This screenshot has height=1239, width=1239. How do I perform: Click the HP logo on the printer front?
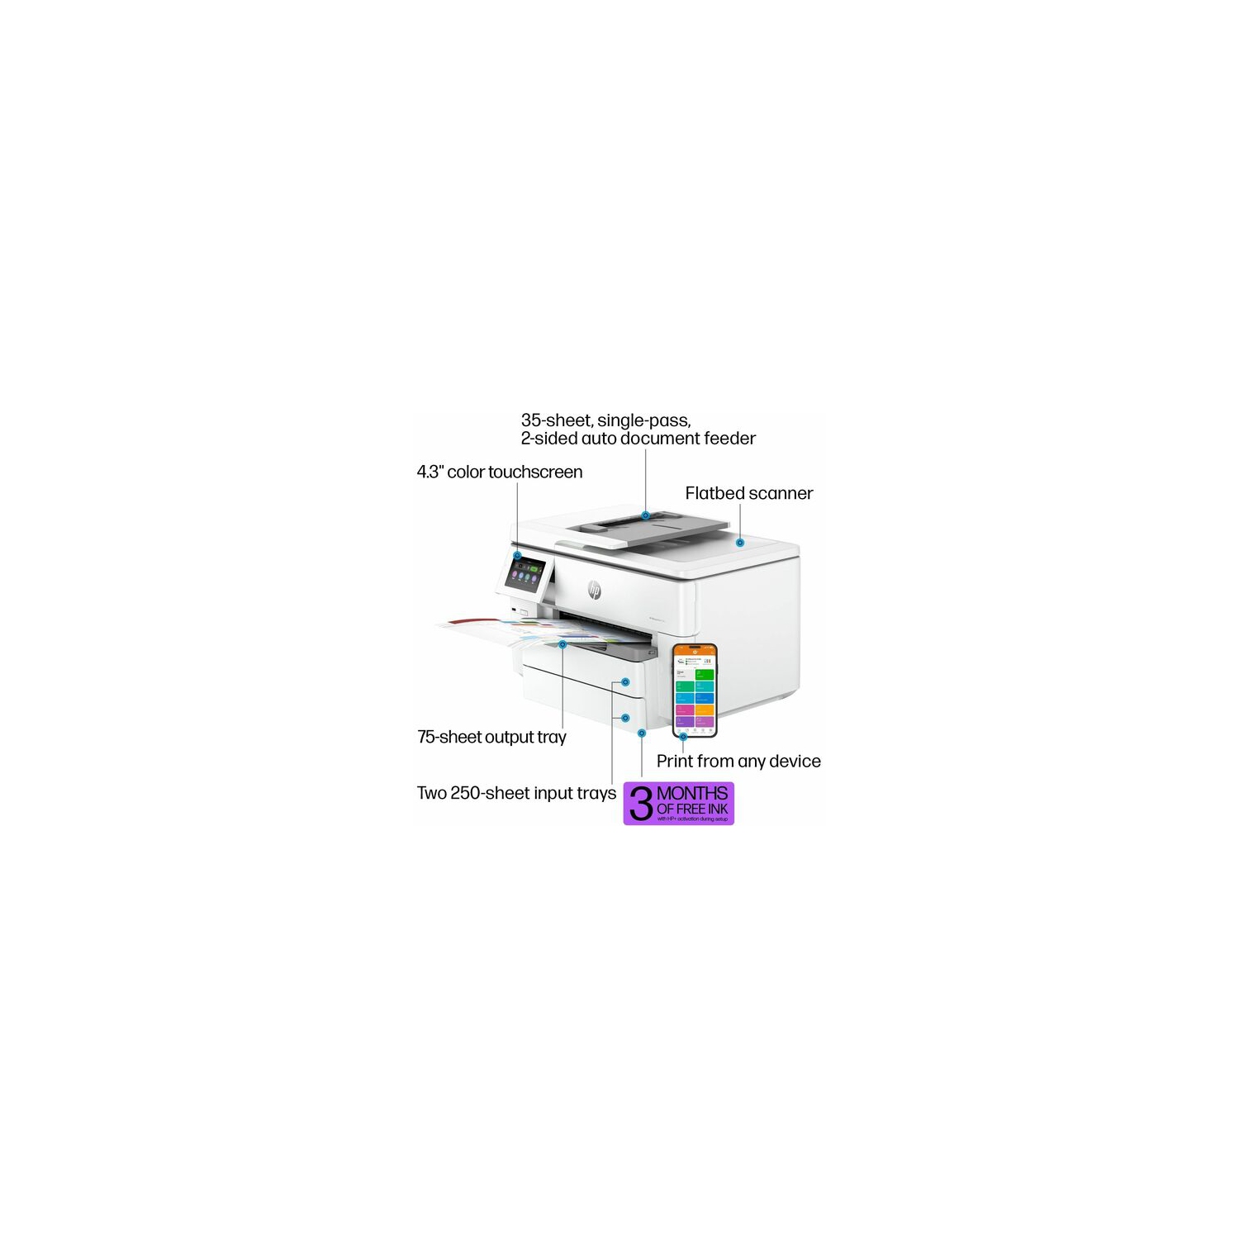coord(594,589)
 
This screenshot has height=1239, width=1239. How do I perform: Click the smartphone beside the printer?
coord(695,690)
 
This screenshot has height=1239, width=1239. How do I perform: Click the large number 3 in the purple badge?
coord(641,804)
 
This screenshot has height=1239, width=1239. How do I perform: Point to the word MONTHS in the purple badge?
coord(692,793)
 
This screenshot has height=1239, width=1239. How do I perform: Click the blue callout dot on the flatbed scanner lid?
coord(740,543)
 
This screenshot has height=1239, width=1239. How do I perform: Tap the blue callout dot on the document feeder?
coord(645,515)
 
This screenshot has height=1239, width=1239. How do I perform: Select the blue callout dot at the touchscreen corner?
coord(518,555)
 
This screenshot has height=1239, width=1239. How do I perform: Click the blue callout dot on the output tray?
coord(563,643)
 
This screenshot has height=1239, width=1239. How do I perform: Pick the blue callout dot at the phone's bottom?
coord(683,736)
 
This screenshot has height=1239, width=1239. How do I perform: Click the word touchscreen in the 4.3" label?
coord(535,472)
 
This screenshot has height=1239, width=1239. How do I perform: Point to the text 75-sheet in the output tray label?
coord(451,737)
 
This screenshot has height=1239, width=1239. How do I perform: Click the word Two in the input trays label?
coord(432,794)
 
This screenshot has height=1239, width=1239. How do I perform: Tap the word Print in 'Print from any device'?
coord(674,762)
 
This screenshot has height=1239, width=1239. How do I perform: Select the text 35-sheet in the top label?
coord(556,420)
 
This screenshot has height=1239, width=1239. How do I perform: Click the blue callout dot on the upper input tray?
coord(625,682)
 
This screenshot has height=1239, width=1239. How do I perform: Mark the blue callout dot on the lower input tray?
coord(625,718)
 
